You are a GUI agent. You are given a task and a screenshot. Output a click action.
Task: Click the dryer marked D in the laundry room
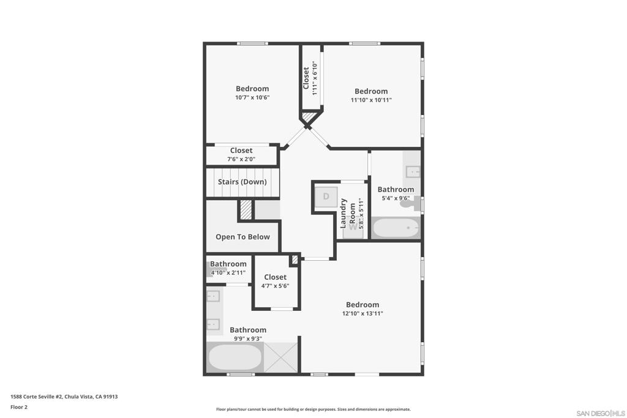coord(326,196)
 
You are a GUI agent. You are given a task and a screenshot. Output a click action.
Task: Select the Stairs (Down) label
coord(242,182)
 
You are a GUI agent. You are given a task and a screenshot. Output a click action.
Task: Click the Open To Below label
coord(242,237)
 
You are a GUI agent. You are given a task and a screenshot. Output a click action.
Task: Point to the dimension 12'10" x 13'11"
coord(362,314)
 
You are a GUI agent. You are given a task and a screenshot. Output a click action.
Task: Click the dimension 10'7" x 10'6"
coord(252,97)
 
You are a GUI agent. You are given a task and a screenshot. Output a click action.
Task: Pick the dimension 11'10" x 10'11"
coord(371,100)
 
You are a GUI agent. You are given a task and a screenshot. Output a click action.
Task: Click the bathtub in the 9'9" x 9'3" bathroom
coord(235,357)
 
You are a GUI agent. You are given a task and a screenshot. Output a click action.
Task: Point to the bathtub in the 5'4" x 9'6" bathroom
coord(396,228)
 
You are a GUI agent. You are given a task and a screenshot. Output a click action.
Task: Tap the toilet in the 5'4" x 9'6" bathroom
coord(410,203)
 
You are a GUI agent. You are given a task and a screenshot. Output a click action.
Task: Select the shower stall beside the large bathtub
coord(280,357)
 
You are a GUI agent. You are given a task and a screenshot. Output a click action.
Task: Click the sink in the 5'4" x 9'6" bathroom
coord(413,172)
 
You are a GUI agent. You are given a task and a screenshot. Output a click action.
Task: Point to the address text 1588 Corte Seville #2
coord(36,397)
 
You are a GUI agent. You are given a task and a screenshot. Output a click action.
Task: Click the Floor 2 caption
coord(19,407)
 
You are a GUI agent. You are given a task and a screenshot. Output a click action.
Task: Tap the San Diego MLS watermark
coord(600,413)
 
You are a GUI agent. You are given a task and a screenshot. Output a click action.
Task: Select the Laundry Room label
coord(348,214)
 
